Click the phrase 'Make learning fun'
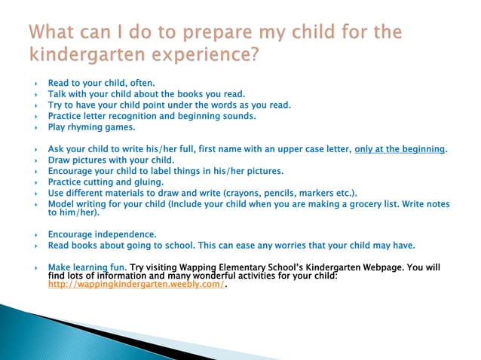(x=87, y=267)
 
